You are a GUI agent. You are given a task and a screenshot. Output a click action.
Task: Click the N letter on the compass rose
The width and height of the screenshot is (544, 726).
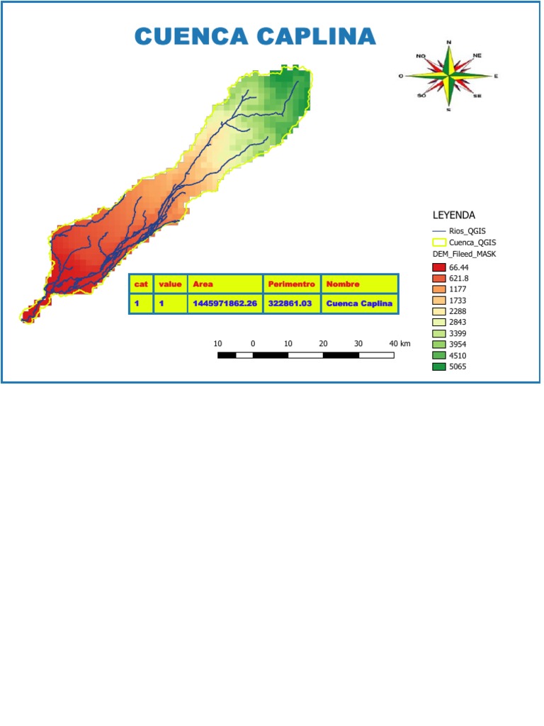coord(448,43)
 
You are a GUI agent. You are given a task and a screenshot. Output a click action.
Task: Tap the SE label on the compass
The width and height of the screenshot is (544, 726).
coord(477,96)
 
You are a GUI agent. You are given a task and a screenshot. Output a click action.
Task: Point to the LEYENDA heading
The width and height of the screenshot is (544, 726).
coord(453,215)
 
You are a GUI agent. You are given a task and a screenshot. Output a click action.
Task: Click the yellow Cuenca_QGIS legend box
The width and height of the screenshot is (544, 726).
coord(438,242)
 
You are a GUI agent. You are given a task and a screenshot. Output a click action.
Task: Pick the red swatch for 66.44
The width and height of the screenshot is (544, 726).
coord(438,267)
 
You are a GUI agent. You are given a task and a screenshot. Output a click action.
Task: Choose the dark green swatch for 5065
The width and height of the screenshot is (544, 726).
coord(438,367)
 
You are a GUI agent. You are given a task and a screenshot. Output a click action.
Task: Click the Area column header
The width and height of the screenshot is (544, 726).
coord(203,284)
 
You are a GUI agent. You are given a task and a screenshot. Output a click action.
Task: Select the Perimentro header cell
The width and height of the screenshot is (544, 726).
coord(291,284)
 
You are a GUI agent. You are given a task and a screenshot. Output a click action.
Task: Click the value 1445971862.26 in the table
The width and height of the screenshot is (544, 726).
coord(225,303)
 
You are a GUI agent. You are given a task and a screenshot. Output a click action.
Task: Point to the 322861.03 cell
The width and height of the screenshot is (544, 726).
coord(291,303)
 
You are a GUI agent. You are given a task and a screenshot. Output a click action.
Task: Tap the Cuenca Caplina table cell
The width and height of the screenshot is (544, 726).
coord(359,303)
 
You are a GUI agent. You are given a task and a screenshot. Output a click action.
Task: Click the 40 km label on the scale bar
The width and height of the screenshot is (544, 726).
coord(399,343)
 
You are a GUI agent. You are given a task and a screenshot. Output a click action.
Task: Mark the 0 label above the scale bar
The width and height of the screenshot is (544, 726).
coord(253,343)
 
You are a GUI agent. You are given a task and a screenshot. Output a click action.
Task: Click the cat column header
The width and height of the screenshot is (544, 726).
coord(141,284)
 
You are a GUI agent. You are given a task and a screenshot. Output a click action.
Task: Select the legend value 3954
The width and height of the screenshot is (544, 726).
coord(458,345)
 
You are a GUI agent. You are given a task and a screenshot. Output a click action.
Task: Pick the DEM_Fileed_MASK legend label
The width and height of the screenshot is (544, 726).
coord(465,254)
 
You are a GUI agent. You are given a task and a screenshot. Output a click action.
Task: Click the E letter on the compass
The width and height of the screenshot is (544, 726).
coord(496,76)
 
